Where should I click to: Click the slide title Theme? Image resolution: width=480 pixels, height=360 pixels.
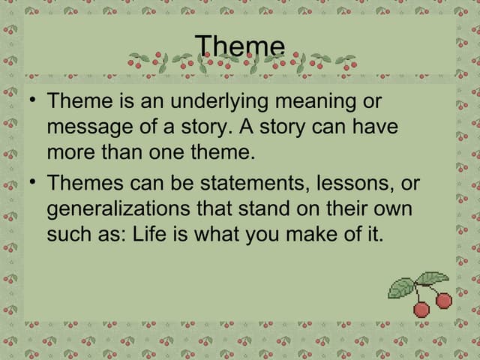(240, 46)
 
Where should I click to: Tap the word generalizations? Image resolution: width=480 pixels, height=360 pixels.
(116, 208)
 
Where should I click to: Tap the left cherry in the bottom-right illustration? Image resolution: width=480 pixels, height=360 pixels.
(421, 309)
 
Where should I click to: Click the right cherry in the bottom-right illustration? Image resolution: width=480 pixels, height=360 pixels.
(444, 301)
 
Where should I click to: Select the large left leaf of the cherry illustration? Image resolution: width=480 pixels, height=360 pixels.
(403, 286)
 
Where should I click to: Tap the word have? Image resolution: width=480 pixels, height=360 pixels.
(373, 127)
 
